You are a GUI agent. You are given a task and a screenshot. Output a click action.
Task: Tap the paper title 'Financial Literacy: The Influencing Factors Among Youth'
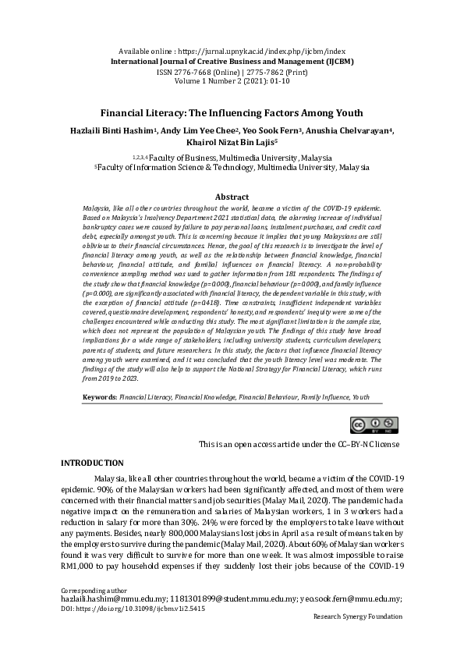[232, 112]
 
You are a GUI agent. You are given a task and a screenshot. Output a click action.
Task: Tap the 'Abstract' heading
[232, 197]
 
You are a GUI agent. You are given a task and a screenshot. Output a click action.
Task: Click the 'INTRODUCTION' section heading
[92, 463]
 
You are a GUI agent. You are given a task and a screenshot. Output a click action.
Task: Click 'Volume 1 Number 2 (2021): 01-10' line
[232, 80]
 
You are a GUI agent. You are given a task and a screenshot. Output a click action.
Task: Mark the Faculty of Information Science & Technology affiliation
[232, 168]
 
